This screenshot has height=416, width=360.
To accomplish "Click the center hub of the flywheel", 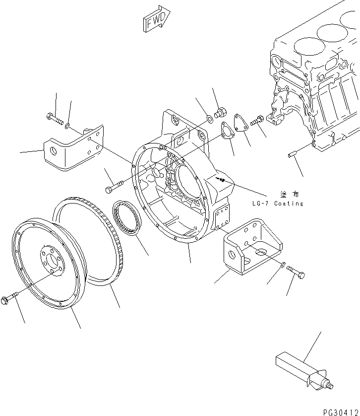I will click(51, 260).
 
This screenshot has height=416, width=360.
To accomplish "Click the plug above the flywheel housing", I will click(220, 112).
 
